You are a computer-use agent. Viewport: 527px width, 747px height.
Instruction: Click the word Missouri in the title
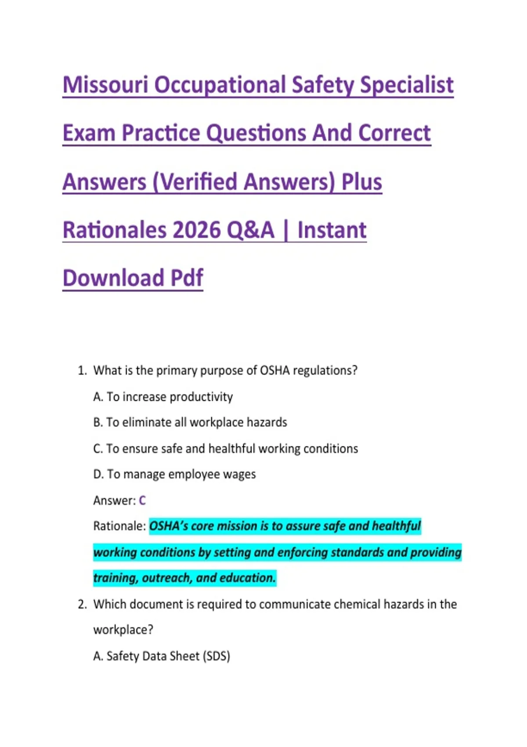[x=105, y=85]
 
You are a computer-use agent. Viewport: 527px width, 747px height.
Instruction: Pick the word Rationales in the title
[x=114, y=230]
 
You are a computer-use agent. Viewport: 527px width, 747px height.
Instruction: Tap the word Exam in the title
[x=89, y=133]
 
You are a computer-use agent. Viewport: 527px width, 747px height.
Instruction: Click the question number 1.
[x=82, y=370]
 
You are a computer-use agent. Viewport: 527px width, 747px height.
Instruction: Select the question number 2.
[x=82, y=604]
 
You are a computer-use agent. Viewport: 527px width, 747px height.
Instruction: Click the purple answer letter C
[x=142, y=500]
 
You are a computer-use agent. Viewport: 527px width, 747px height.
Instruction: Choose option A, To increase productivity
[x=163, y=397]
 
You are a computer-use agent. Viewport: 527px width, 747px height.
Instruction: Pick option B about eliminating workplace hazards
[x=190, y=423]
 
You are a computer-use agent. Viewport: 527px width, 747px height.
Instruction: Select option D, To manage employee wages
[x=174, y=475]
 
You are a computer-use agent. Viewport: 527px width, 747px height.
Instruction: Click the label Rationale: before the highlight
[x=119, y=526]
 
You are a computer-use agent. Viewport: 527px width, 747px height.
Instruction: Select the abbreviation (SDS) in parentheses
[x=217, y=656]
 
